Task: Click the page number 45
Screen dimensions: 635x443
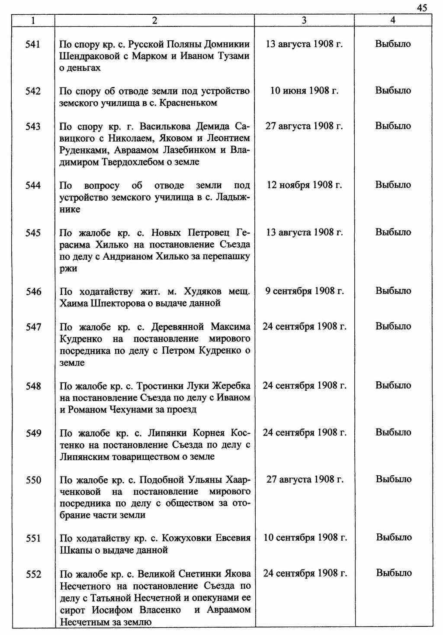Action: pyautogui.click(x=422, y=8)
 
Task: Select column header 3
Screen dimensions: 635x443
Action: pyautogui.click(x=304, y=20)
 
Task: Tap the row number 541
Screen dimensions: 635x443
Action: pyautogui.click(x=33, y=44)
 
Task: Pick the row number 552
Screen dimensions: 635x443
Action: pyautogui.click(x=33, y=574)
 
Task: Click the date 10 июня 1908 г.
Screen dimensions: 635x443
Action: pyautogui.click(x=304, y=90)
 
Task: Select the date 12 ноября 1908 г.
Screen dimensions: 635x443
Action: pyautogui.click(x=304, y=185)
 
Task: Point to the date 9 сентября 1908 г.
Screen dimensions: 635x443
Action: pyautogui.click(x=304, y=291)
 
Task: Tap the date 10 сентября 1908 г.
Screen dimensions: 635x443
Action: pyautogui.click(x=305, y=538)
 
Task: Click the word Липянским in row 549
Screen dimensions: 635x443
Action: pyautogui.click(x=87, y=457)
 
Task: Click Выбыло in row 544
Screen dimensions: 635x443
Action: pyautogui.click(x=393, y=185)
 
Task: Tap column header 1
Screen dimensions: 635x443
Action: pyautogui.click(x=33, y=20)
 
